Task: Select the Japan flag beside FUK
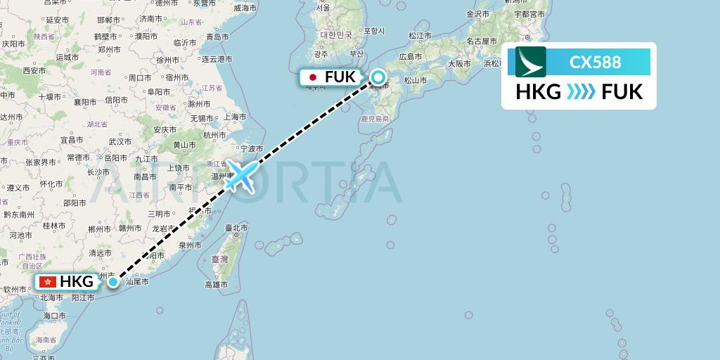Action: tap(311, 77)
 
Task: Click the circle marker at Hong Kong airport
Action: tap(113, 282)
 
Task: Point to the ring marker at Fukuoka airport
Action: tap(378, 77)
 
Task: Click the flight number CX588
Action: tap(595, 63)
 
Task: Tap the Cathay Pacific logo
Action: tap(531, 62)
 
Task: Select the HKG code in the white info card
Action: tap(539, 92)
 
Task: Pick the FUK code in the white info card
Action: tap(622, 92)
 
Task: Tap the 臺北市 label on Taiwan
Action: tap(236, 228)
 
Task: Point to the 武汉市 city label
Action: tap(120, 141)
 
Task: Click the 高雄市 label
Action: tap(216, 285)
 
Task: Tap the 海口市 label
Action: tap(53, 316)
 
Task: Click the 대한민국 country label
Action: tap(335, 34)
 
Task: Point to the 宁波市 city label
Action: tap(251, 149)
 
